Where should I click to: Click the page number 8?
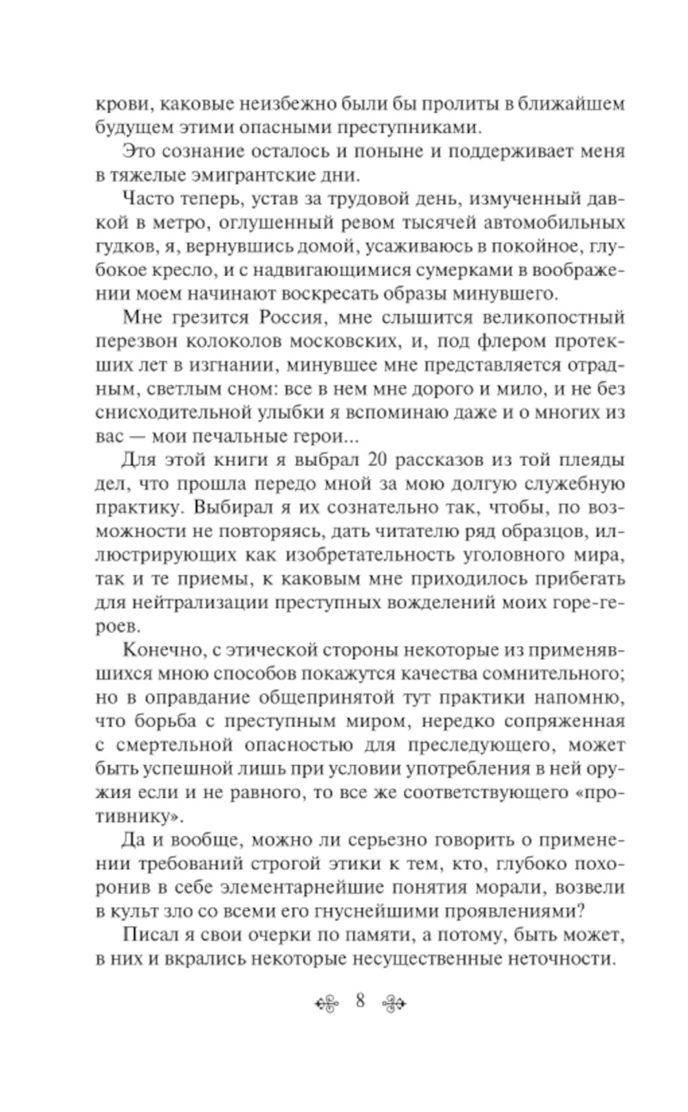(x=360, y=1001)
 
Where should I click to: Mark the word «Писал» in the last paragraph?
(x=147, y=935)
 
